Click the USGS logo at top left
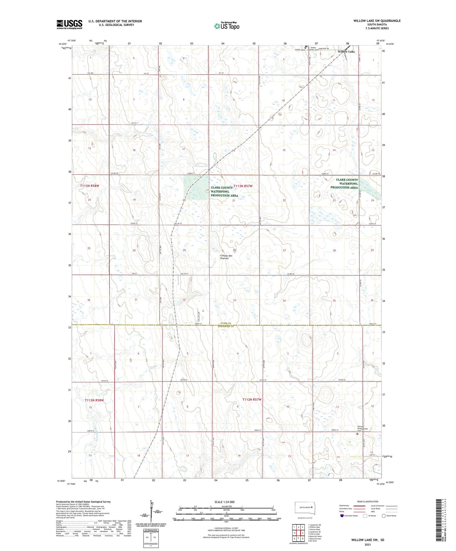(x=69, y=24)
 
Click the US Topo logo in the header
(x=227, y=26)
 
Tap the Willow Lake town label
(x=346, y=51)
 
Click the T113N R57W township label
(x=243, y=186)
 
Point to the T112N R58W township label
(x=94, y=400)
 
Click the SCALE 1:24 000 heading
(x=224, y=502)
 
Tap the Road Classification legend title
(x=368, y=501)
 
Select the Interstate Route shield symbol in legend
(x=342, y=516)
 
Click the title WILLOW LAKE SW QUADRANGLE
(x=377, y=21)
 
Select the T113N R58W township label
(x=89, y=186)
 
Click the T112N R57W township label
(x=252, y=400)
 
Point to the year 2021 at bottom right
(x=368, y=544)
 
